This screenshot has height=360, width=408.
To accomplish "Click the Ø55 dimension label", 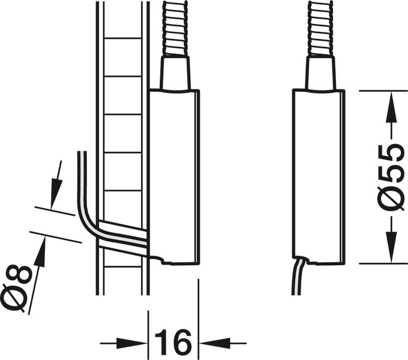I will click(391, 177).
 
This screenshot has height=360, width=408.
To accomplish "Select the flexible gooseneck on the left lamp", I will click(175, 27).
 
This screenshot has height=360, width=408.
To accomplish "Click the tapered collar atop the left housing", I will click(175, 73).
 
